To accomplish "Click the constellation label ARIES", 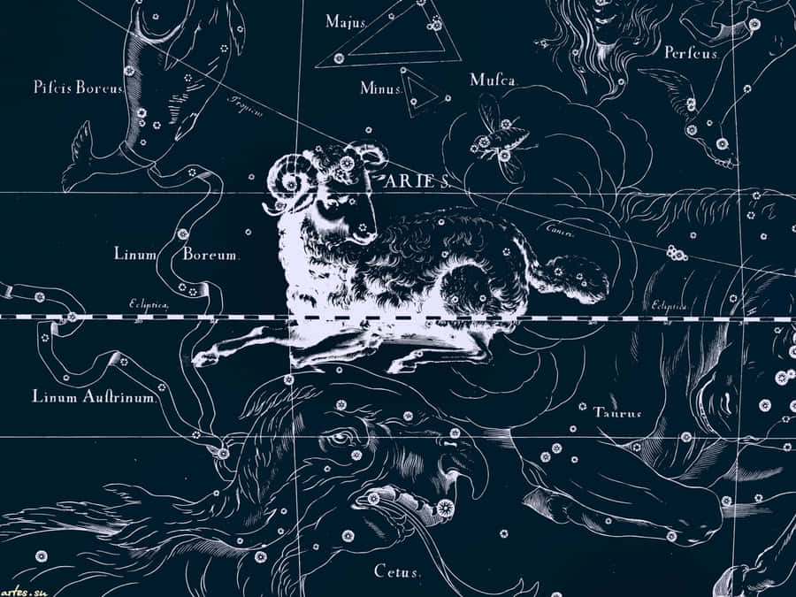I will click(x=417, y=180).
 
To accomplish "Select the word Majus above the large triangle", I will click(x=346, y=21).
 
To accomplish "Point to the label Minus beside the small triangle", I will click(x=381, y=88).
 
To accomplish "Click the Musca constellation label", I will click(x=493, y=80).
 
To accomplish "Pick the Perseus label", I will click(x=691, y=52).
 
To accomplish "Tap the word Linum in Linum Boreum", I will click(x=135, y=254).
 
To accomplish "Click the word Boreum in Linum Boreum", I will click(x=210, y=254).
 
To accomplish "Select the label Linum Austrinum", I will click(x=95, y=397).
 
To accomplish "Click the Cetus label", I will click(x=397, y=571).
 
